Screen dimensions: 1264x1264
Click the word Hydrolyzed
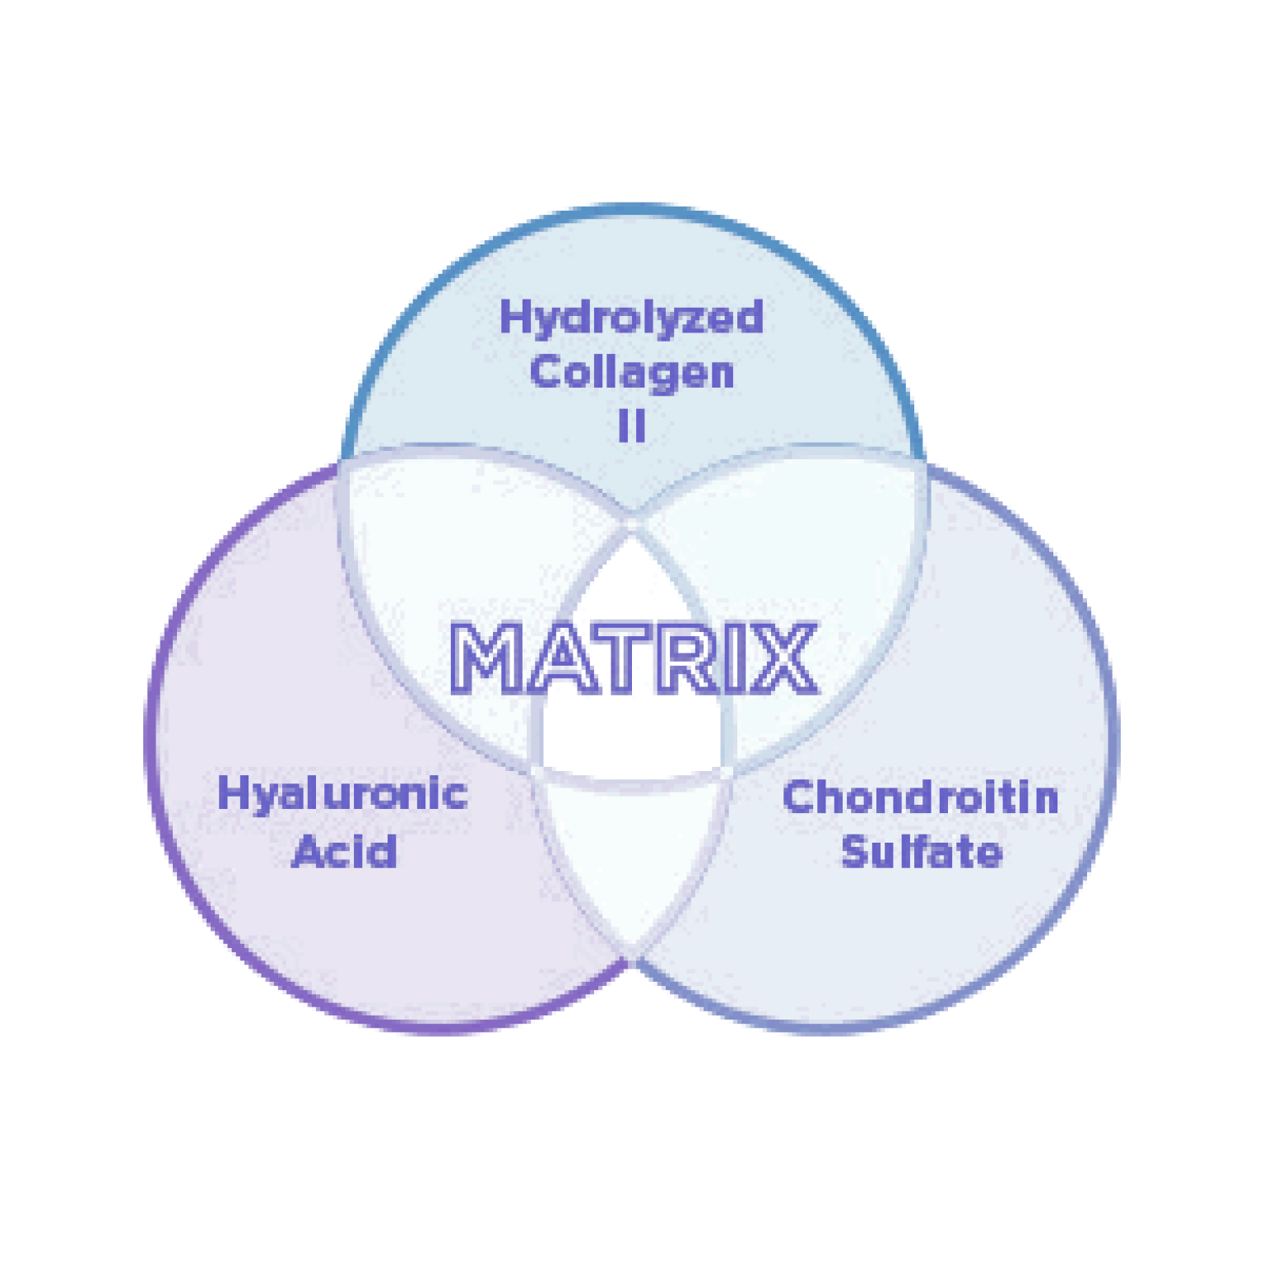click(631, 318)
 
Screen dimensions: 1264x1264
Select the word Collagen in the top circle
click(631, 372)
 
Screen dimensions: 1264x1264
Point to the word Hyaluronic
click(342, 795)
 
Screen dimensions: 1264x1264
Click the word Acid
click(345, 851)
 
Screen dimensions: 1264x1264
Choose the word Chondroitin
click(920, 797)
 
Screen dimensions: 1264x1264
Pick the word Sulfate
click(922, 851)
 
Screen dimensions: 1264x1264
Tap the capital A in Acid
click(308, 851)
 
